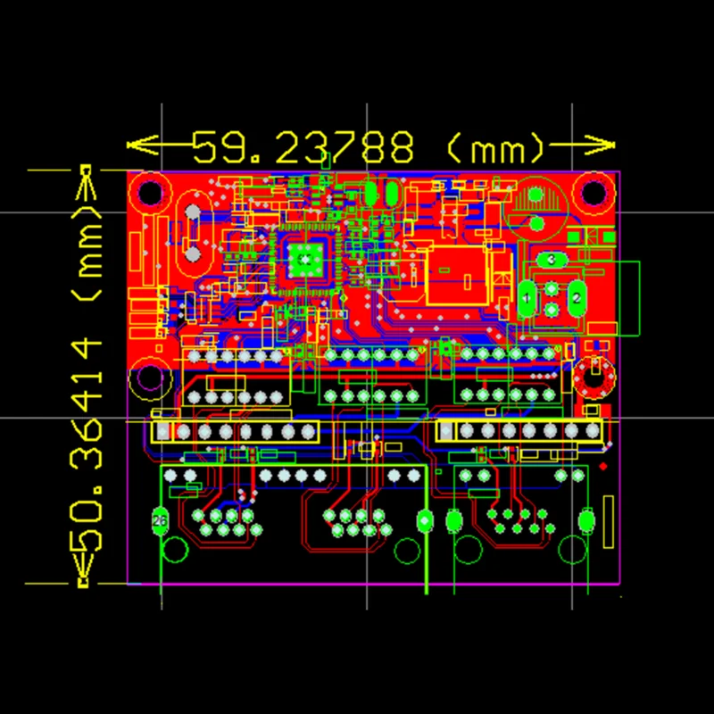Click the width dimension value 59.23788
click(x=303, y=145)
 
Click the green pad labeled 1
click(x=527, y=298)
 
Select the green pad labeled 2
click(x=577, y=298)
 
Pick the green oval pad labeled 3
click(x=552, y=260)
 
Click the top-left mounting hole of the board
click(x=150, y=192)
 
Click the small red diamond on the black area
click(x=604, y=466)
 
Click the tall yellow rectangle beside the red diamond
click(x=609, y=523)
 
